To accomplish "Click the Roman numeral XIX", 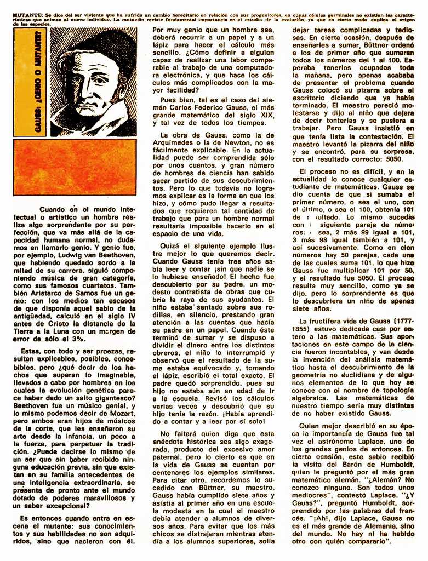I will pyautogui.click(x=267, y=116).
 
